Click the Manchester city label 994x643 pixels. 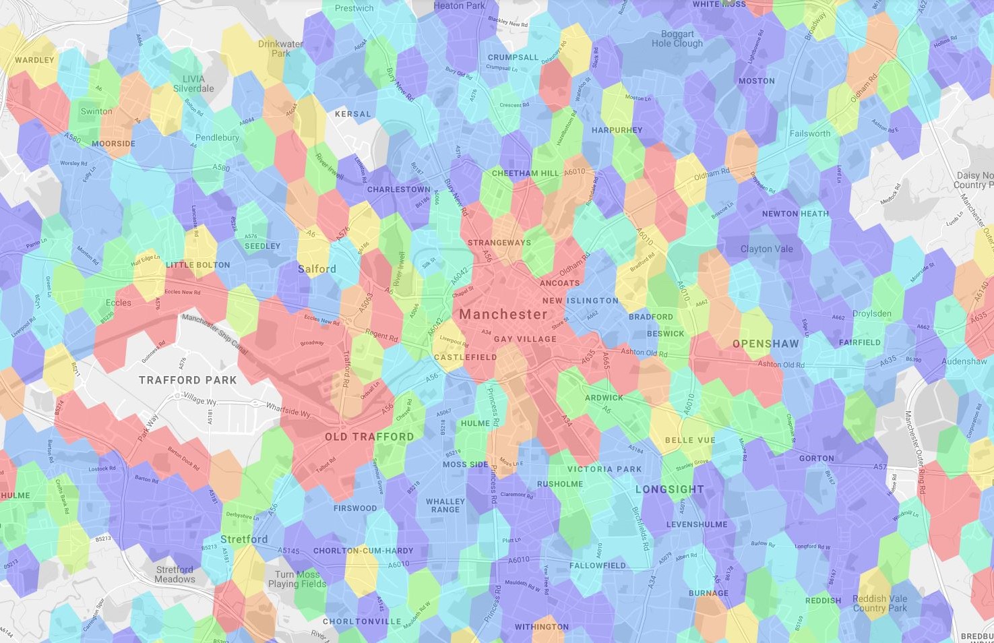click(x=503, y=314)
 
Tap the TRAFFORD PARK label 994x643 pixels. click(x=187, y=380)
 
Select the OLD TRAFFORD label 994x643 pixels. click(x=369, y=437)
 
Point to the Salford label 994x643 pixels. click(x=317, y=269)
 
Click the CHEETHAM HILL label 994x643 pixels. click(x=526, y=173)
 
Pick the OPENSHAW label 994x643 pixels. click(x=766, y=344)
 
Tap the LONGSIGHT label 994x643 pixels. click(x=669, y=489)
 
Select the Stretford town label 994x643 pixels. click(x=244, y=539)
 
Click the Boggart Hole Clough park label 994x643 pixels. click(x=677, y=38)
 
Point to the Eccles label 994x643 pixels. click(x=119, y=303)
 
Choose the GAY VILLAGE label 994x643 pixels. click(x=525, y=339)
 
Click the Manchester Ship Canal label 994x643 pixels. click(x=215, y=334)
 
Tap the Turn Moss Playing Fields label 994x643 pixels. click(x=297, y=579)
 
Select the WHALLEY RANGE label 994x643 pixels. click(x=445, y=506)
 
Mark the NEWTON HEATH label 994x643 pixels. click(x=795, y=214)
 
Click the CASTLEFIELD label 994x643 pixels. click(x=465, y=357)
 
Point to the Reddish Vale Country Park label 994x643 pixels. click(x=879, y=603)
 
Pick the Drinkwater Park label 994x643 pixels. click(x=280, y=49)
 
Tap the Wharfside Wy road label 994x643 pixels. click(x=288, y=410)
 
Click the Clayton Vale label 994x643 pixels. click(x=766, y=249)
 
